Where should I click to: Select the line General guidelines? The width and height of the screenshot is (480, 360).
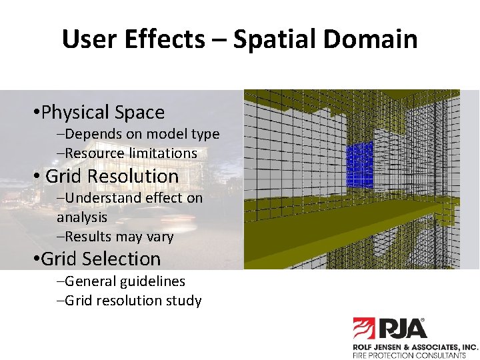[x=121, y=281]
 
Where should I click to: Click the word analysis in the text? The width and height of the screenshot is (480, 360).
[x=82, y=217]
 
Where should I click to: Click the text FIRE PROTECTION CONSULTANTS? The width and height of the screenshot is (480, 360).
[x=409, y=356]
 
